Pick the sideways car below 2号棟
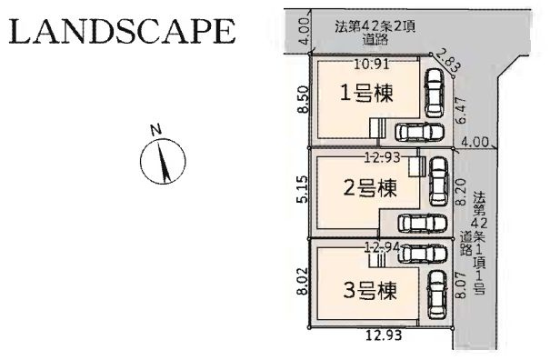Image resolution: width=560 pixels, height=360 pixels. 415,224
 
